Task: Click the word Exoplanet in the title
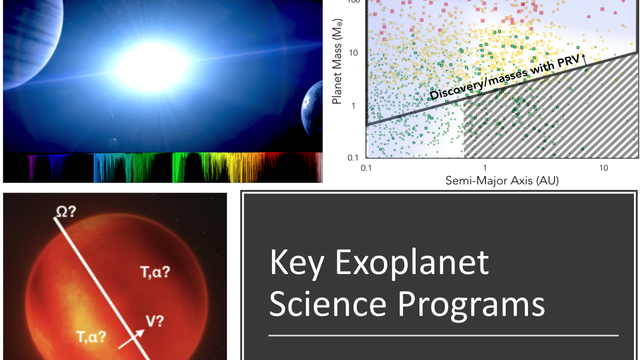(x=412, y=262)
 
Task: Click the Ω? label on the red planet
(x=66, y=212)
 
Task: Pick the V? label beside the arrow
(x=155, y=322)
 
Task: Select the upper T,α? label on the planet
(x=155, y=272)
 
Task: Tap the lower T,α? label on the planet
(x=92, y=337)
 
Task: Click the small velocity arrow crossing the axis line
(x=132, y=340)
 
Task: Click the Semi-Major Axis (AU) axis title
(x=502, y=180)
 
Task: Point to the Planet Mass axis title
(x=337, y=62)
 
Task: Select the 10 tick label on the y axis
(x=354, y=53)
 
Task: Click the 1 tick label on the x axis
(x=485, y=168)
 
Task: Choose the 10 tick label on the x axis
(x=604, y=168)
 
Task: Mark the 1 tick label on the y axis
(x=354, y=106)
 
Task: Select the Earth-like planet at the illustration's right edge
(x=312, y=108)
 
